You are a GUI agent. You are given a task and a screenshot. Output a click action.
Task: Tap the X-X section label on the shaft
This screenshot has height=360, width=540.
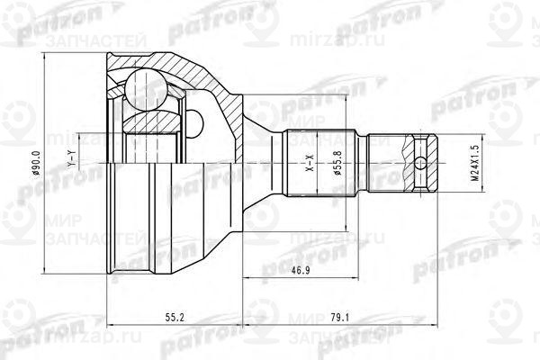tap(309, 166)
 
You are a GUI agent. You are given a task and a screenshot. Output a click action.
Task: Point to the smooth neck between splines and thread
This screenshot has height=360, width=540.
tap(377, 164)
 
